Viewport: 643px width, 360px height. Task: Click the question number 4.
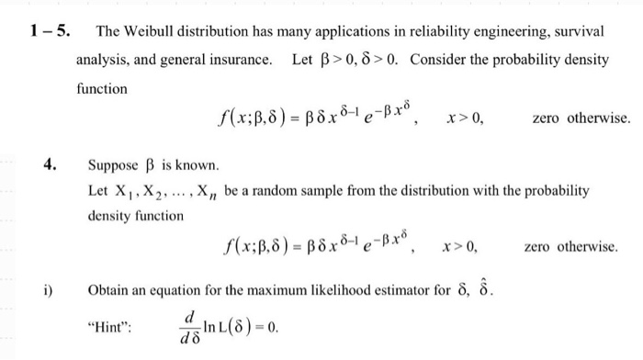[x=51, y=165]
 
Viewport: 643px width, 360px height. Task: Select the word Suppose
[x=111, y=166]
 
